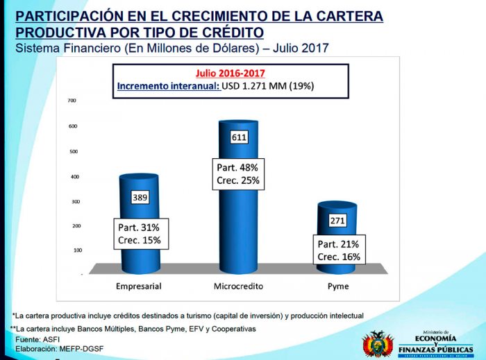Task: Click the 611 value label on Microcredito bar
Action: [x=238, y=137]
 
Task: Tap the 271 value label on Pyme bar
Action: [x=337, y=220]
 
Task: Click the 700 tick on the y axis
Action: [x=72, y=101]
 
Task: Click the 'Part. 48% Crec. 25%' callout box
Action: [x=237, y=174]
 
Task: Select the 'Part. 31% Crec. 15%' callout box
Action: [x=140, y=234]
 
